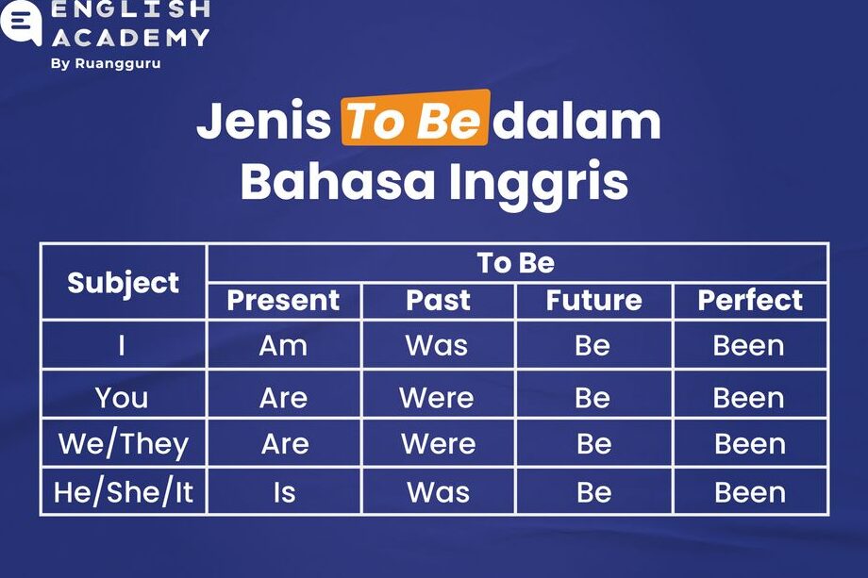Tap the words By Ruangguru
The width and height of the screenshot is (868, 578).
point(106,63)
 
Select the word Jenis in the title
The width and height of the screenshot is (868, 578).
point(263,121)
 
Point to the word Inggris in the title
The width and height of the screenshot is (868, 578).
point(539,181)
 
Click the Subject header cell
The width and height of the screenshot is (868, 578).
point(123,283)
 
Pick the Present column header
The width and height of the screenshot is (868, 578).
point(283,301)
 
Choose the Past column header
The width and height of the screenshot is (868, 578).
point(438,301)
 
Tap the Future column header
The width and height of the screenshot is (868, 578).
point(594,301)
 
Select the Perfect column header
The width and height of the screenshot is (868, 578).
point(750,301)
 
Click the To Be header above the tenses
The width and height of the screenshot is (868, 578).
point(516,263)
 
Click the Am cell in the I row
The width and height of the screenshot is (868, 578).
point(283,346)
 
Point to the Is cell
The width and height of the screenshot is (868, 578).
point(285,492)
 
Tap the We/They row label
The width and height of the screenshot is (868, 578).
point(124,444)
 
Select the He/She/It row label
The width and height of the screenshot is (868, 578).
point(123,492)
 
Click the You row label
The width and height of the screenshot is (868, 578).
point(122,398)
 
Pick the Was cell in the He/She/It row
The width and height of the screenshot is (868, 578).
point(438,492)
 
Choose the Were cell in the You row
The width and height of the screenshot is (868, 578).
point(437,398)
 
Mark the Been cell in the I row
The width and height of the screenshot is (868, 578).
point(748,346)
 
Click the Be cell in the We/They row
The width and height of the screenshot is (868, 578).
point(594,443)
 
